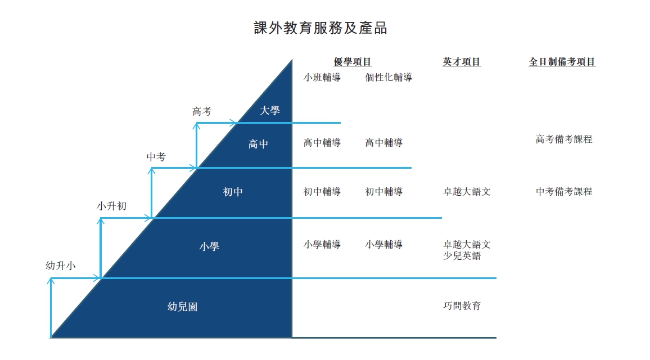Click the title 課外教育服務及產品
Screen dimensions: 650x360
321,28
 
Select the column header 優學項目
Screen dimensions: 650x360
353,62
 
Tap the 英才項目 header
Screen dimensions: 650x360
462,62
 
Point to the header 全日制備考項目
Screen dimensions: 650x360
562,62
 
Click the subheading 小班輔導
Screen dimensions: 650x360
322,78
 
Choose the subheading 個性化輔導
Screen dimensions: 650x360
389,78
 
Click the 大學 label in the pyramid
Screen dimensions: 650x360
269,110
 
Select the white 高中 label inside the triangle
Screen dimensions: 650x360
258,144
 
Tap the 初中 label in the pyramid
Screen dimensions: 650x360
233,192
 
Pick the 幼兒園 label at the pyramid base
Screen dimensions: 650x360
182,307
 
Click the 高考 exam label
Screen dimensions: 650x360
202,111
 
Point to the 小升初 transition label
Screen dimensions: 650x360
111,206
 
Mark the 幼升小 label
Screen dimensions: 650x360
61,265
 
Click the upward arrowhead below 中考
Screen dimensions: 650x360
152,171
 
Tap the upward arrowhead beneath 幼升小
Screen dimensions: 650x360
51,281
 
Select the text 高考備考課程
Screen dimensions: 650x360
564,139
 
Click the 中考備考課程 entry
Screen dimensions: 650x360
564,192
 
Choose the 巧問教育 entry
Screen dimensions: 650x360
462,305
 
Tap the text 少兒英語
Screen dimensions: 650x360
462,255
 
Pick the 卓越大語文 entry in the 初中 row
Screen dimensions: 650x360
467,192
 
